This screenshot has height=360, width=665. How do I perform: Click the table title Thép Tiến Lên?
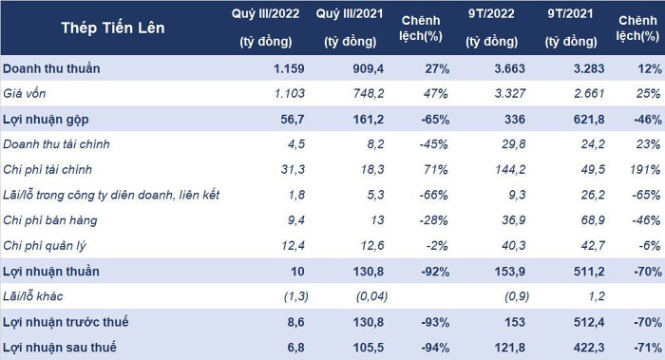[x=113, y=28]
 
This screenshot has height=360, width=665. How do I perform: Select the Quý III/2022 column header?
[x=265, y=28]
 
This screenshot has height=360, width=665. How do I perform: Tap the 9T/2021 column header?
[x=570, y=28]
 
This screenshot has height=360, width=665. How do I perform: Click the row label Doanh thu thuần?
[x=51, y=68]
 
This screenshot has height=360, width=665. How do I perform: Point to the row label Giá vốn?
[x=24, y=93]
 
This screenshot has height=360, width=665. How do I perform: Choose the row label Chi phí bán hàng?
[x=50, y=220]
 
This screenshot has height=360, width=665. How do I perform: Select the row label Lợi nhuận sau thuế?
[x=59, y=348]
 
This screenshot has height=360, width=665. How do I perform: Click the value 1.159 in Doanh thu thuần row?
[x=289, y=68]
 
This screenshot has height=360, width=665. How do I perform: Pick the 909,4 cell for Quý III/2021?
[x=369, y=68]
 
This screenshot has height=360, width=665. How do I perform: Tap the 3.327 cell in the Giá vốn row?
[x=510, y=93]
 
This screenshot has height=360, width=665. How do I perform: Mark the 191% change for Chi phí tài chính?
[x=645, y=170]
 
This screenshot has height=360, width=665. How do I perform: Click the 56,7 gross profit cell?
[x=293, y=119]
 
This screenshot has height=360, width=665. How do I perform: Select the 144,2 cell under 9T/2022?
[x=510, y=170]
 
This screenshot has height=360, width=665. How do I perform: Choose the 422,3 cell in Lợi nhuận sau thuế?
[x=589, y=348]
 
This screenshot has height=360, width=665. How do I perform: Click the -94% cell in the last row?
[x=435, y=348]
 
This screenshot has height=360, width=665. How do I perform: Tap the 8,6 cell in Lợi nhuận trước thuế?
[x=295, y=322]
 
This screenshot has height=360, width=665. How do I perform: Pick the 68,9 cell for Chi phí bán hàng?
[x=593, y=220]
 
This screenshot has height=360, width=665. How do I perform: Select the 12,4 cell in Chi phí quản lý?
[x=293, y=245]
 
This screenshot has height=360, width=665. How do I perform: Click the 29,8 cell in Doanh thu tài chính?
[x=514, y=144]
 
